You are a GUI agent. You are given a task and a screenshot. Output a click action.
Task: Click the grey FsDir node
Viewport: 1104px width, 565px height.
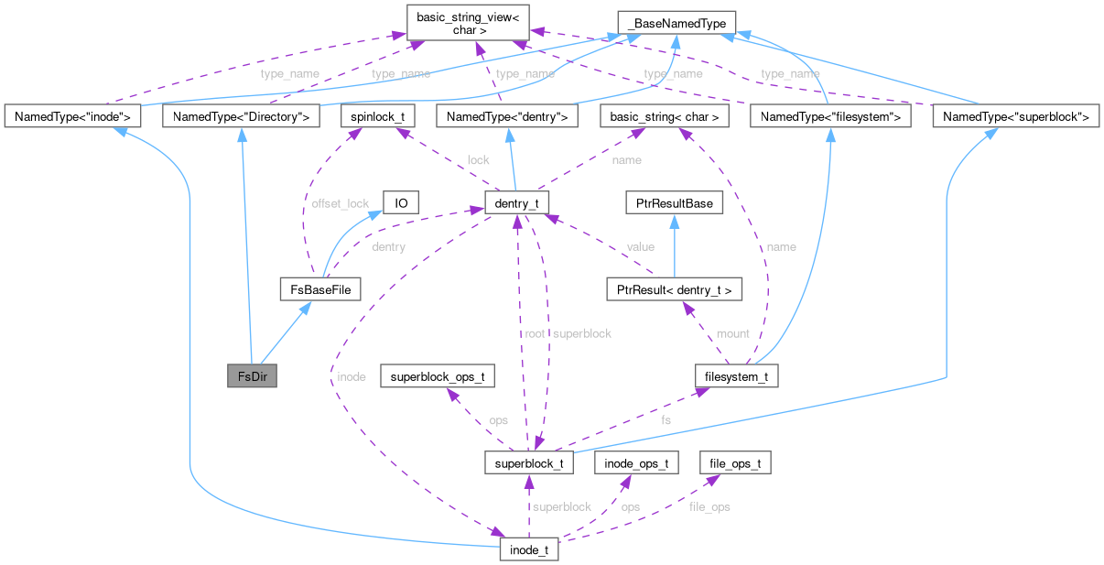pyautogui.click(x=252, y=376)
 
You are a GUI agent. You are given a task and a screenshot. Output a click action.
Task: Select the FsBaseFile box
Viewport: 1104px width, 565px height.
pyautogui.click(x=319, y=290)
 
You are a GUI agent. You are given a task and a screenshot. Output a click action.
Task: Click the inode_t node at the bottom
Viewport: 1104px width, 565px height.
pyautogui.click(x=529, y=550)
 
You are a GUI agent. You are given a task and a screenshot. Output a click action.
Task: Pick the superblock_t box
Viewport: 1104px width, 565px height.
pyautogui.click(x=529, y=462)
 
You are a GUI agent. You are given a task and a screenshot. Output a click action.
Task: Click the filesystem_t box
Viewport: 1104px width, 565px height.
pyautogui.click(x=736, y=376)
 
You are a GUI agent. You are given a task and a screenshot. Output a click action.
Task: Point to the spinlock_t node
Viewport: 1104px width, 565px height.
pyautogui.click(x=378, y=116)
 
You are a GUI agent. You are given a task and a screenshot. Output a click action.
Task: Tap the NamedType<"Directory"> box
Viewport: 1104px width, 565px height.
pyautogui.click(x=240, y=116)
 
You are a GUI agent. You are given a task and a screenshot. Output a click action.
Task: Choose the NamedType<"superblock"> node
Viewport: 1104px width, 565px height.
pyautogui.click(x=1013, y=116)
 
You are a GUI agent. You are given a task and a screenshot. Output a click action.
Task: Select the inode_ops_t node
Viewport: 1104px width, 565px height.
pyautogui.click(x=636, y=462)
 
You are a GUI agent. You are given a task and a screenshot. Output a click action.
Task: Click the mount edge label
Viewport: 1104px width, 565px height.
pyautogui.click(x=732, y=333)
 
